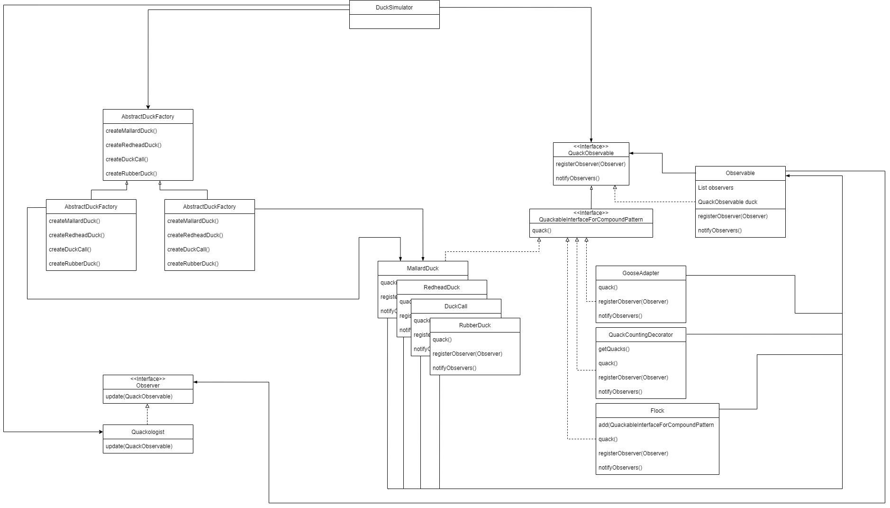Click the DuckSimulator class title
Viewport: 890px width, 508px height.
click(394, 8)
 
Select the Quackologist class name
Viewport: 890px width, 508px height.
click(148, 432)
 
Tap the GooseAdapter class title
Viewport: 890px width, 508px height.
click(640, 273)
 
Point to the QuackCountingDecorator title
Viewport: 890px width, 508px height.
click(640, 335)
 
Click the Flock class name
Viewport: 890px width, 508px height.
click(657, 411)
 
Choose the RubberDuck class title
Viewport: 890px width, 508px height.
click(474, 325)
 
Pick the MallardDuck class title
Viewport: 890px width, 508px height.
click(422, 268)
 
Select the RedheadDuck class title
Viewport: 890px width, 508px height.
click(441, 287)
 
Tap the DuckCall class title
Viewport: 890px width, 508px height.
click(455, 306)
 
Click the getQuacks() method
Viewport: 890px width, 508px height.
click(614, 349)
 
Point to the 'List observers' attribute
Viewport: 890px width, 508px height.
click(715, 188)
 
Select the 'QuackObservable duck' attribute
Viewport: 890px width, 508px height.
click(727, 202)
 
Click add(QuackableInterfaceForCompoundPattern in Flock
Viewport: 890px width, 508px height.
click(656, 425)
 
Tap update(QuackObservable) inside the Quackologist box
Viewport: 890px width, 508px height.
click(139, 446)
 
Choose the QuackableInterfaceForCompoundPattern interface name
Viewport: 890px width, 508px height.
click(590, 220)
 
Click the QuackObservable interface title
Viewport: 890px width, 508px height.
click(590, 153)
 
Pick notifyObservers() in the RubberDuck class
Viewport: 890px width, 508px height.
click(454, 368)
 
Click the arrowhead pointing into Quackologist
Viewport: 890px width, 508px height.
click(100, 432)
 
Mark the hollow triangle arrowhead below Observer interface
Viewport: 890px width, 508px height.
click(147, 406)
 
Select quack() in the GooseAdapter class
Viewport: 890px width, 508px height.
click(608, 287)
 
